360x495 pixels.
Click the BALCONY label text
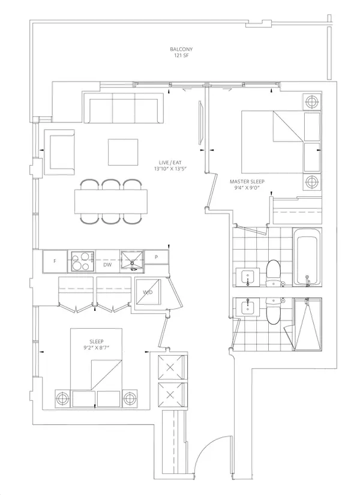(x=181, y=49)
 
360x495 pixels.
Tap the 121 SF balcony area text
(x=181, y=56)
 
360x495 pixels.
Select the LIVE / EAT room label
(x=170, y=162)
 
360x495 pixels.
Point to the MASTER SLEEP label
(x=247, y=182)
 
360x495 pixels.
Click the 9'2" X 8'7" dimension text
(x=97, y=348)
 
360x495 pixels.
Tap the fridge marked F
(x=55, y=261)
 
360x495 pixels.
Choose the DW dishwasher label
(x=107, y=265)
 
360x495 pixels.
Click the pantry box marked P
(x=157, y=257)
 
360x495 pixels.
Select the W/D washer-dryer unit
(x=148, y=292)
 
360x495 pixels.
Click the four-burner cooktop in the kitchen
(x=82, y=261)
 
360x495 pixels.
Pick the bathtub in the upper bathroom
(x=307, y=257)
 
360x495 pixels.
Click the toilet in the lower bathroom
(x=273, y=311)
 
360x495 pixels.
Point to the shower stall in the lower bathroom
(x=308, y=324)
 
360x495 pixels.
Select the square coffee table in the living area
(x=123, y=152)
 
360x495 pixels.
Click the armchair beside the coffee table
(x=59, y=152)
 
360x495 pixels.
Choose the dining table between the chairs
(x=111, y=202)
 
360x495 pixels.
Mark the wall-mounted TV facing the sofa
(x=200, y=123)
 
